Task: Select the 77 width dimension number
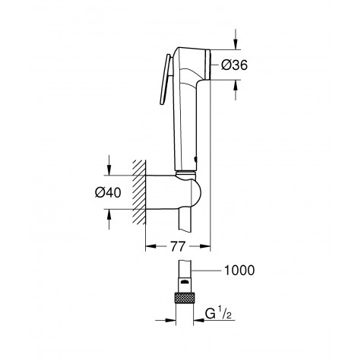click(x=178, y=246)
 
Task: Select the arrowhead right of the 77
click(x=205, y=246)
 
